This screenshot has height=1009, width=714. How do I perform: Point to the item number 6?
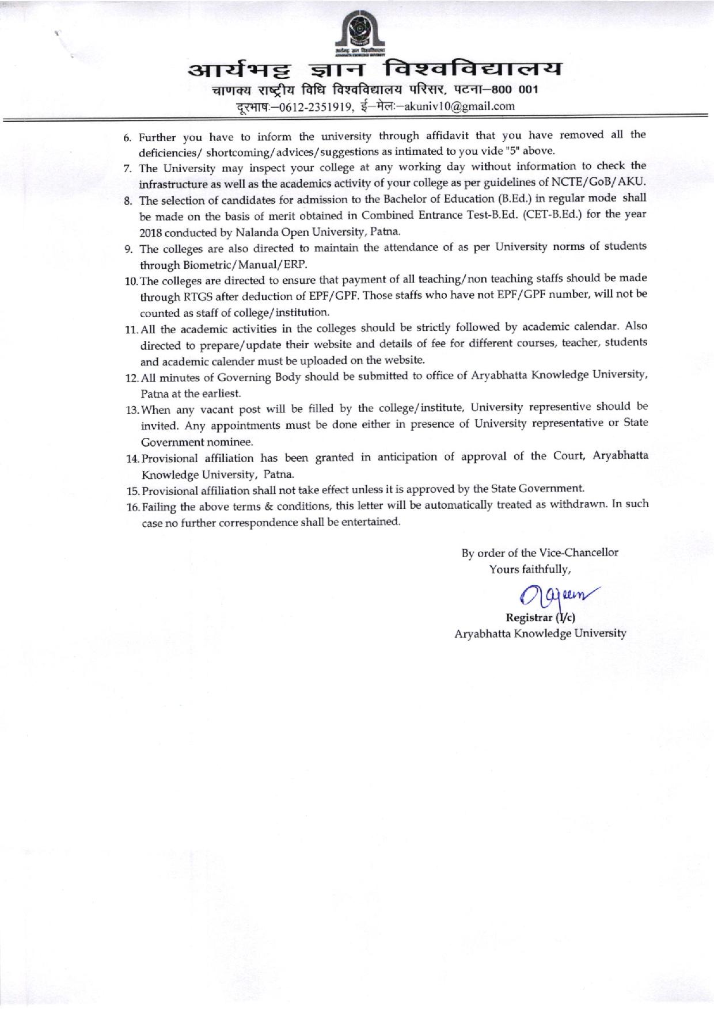tap(128, 138)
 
